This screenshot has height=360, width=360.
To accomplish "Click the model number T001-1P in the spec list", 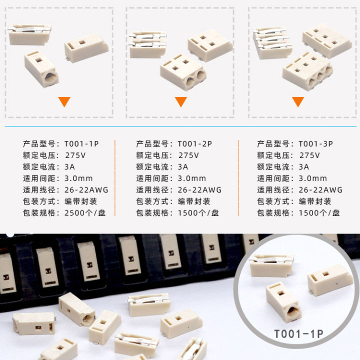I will click(x=81, y=143).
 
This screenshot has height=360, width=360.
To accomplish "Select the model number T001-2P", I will click(x=195, y=143).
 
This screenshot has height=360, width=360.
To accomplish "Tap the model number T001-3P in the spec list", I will click(x=315, y=143).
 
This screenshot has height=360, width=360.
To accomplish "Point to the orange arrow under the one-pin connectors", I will click(x=64, y=102).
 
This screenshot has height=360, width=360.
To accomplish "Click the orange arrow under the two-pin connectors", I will click(x=180, y=102).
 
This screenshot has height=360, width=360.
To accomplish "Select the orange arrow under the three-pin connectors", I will click(x=298, y=102).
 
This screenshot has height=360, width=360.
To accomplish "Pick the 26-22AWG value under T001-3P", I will click(x=320, y=190).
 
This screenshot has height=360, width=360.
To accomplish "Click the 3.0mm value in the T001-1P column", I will click(x=78, y=178).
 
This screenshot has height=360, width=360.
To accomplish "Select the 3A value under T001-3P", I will click(x=304, y=167).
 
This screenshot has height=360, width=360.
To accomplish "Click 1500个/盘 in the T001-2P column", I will click(x=198, y=213).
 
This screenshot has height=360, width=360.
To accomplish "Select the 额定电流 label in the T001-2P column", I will click(x=153, y=167).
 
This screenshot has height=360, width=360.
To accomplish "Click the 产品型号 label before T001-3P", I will click(x=274, y=143).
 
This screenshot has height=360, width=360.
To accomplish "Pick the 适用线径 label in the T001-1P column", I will click(x=39, y=190).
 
